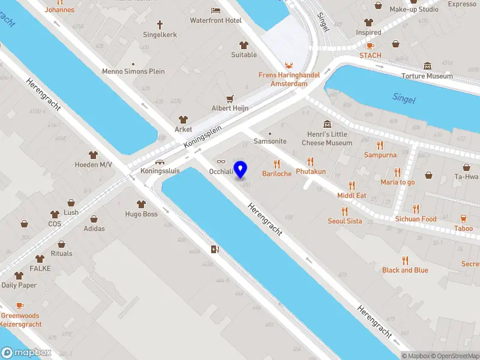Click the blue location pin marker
point(240,169)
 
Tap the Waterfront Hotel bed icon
point(216,10)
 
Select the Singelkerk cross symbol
point(160,25)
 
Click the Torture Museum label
point(427,76)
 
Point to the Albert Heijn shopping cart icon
point(229,98)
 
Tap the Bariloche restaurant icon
point(277,164)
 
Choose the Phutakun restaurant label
point(311,172)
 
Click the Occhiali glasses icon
point(221,161)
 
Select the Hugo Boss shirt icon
point(141,204)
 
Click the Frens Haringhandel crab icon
point(289,65)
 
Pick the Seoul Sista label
point(344,221)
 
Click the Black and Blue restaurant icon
point(406,260)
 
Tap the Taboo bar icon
point(463,218)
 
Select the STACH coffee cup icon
point(370,46)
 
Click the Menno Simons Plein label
point(133,71)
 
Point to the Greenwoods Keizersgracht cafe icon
point(20,306)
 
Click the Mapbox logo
point(26,353)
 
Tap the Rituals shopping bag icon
point(61,244)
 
